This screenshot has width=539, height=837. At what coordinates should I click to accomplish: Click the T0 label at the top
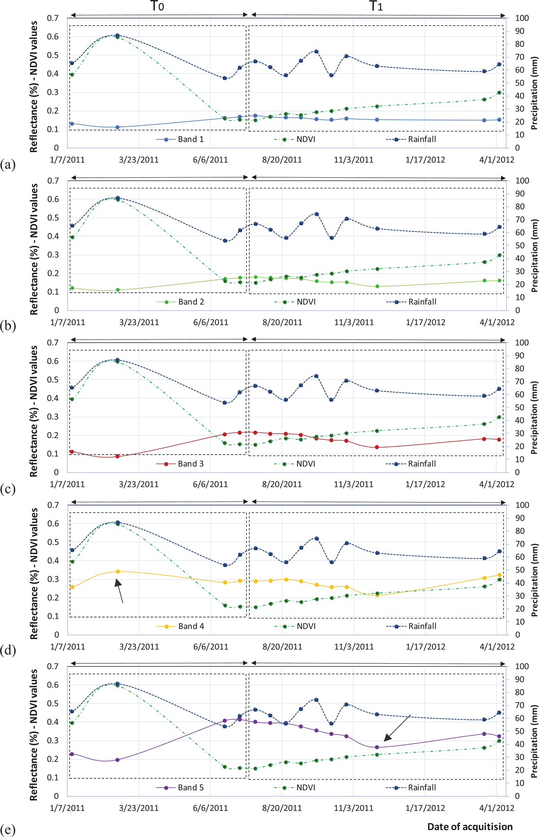(157, 6)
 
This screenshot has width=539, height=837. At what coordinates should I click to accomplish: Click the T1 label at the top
(376, 6)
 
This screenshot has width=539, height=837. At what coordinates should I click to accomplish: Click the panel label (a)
(8, 165)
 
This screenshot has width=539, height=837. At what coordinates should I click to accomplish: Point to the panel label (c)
(8, 489)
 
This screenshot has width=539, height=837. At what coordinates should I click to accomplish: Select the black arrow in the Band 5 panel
(397, 728)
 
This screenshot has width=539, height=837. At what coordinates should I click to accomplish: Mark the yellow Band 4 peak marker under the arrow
(118, 572)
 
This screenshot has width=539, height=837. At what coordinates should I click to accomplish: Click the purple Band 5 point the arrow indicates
(377, 747)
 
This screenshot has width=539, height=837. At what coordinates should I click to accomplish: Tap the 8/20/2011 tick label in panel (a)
(282, 160)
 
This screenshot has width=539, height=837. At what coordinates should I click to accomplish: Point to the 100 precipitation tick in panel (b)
(522, 181)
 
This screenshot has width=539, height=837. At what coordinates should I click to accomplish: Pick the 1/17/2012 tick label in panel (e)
(425, 808)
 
